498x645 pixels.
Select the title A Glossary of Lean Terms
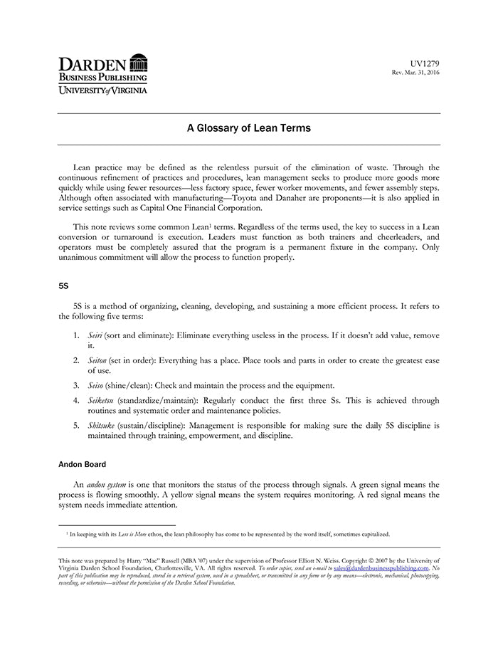click(x=248, y=129)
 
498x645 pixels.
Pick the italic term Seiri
click(x=95, y=335)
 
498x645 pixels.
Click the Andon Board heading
click(x=82, y=464)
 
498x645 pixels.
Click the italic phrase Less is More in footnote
click(x=128, y=533)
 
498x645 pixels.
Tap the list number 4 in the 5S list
click(x=75, y=400)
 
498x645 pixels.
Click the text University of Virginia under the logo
click(x=102, y=90)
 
